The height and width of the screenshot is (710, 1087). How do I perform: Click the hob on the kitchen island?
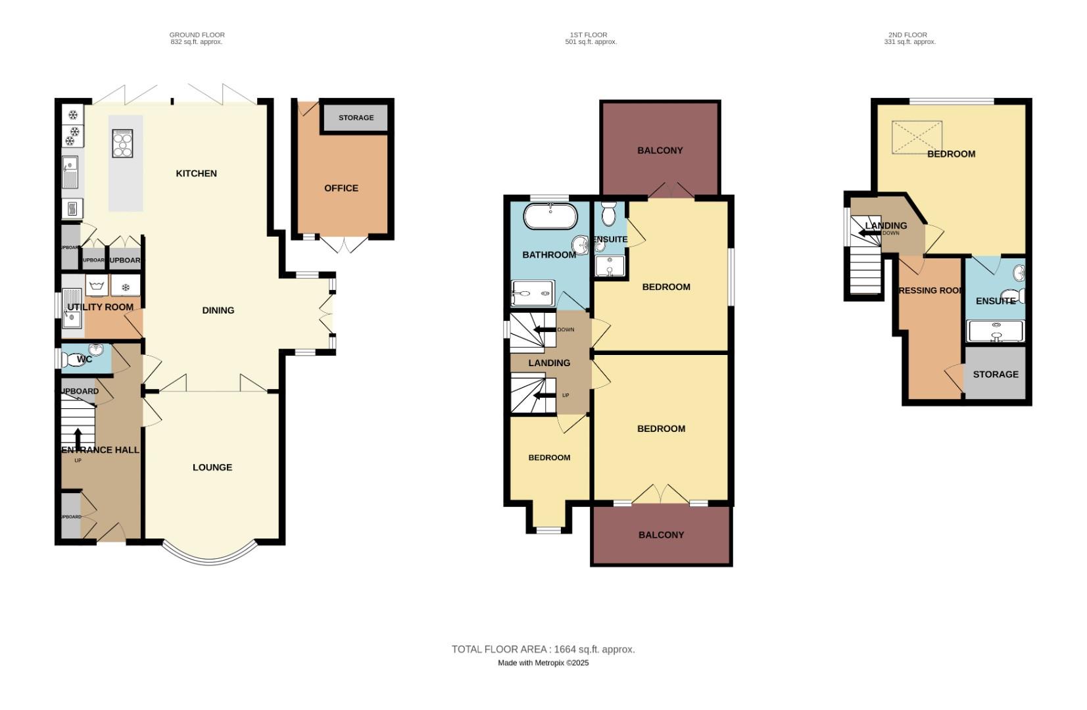(123, 143)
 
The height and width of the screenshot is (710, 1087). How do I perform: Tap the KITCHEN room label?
(196, 174)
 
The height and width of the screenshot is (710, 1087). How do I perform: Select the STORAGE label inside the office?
(356, 118)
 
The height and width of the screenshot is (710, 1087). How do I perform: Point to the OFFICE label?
(341, 188)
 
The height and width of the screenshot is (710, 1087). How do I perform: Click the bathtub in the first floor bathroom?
(550, 216)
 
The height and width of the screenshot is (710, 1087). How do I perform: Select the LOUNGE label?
(212, 467)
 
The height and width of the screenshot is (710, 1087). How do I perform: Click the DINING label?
(218, 310)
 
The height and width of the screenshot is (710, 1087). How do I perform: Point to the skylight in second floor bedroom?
(916, 137)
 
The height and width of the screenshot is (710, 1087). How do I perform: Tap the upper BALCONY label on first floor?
(660, 151)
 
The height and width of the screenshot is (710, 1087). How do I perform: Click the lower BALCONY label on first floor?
(661, 535)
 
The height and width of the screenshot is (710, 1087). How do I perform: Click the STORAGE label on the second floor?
(995, 374)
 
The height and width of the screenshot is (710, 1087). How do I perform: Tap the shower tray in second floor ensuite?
(996, 331)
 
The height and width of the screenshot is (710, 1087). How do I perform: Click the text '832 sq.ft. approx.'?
(197, 42)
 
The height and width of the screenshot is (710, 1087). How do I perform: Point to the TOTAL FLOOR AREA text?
(543, 650)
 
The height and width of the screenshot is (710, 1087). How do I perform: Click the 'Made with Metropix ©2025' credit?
(543, 663)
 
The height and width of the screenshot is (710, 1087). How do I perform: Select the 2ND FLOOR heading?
(907, 35)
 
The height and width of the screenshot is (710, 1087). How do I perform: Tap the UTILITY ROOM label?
(100, 307)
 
